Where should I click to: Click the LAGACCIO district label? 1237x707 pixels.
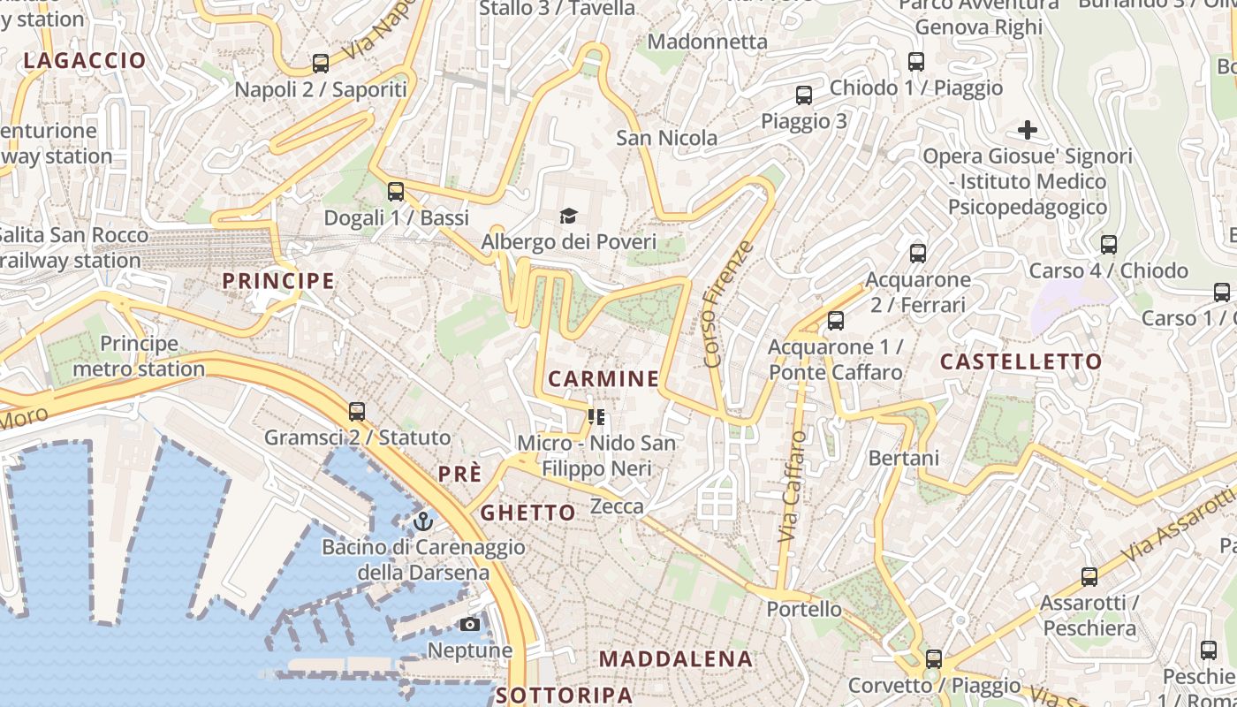[x=85, y=61]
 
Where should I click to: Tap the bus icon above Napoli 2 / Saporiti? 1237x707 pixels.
[x=321, y=64]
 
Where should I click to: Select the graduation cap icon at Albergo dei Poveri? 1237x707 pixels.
[x=568, y=216]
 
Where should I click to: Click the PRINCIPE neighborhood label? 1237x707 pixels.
[x=278, y=281]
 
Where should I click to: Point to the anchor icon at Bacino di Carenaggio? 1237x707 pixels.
[x=423, y=521]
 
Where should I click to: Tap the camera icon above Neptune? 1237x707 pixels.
[x=470, y=625]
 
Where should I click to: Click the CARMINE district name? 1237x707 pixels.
[x=603, y=379]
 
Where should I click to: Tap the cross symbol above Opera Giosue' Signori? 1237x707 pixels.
[x=1028, y=131]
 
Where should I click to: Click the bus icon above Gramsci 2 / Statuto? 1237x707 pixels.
[x=357, y=411]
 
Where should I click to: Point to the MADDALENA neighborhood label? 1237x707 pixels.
[x=676, y=658]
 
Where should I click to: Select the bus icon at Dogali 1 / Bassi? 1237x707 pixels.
[x=396, y=191]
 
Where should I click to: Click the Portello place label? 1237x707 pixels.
[x=804, y=609]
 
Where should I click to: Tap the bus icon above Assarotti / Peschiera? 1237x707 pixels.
[x=1089, y=577]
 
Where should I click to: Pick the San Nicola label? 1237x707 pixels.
[x=667, y=138]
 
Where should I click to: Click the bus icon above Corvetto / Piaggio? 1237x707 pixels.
[x=934, y=659]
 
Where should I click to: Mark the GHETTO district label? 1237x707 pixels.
[x=527, y=513]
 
